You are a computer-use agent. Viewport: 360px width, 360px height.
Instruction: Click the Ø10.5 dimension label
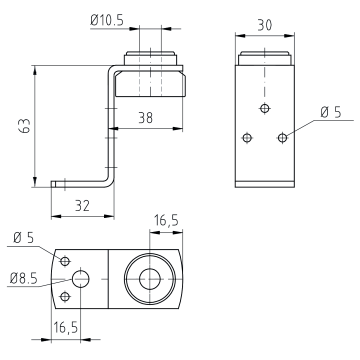coord(107,20)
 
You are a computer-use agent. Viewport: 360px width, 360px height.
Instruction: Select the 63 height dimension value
coord(25,125)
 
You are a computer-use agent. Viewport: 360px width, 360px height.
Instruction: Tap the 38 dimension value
coord(145,118)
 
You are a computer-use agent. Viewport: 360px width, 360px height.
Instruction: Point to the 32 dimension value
coord(82,206)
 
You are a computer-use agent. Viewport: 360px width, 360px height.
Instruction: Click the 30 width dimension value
coord(265,25)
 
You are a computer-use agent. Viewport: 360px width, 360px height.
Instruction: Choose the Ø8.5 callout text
coord(24,278)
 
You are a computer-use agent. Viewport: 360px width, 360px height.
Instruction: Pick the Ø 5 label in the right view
coord(331,112)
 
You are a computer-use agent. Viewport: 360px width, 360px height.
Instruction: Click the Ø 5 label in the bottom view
coord(24,238)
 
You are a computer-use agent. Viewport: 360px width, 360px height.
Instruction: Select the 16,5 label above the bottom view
coord(166,221)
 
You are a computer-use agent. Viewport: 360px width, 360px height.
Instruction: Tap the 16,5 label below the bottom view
coord(66,328)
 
